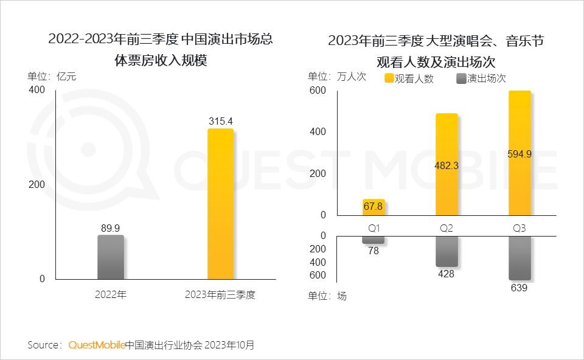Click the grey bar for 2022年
click(111, 257)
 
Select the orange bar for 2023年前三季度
click(220, 204)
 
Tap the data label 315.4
click(220, 122)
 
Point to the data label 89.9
click(111, 228)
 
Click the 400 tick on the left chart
click(37, 90)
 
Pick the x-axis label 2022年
click(111, 296)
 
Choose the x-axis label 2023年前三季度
click(220, 296)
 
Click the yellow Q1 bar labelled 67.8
click(374, 207)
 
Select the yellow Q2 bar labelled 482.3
click(447, 164)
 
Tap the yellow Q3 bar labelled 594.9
click(520, 153)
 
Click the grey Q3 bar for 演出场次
click(520, 258)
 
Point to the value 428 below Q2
click(447, 274)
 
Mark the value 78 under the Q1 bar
click(374, 251)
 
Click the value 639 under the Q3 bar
click(520, 288)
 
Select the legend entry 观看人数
click(409, 78)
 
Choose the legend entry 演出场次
click(481, 78)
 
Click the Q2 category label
click(447, 228)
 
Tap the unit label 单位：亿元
click(52, 77)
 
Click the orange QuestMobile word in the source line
click(97, 345)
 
